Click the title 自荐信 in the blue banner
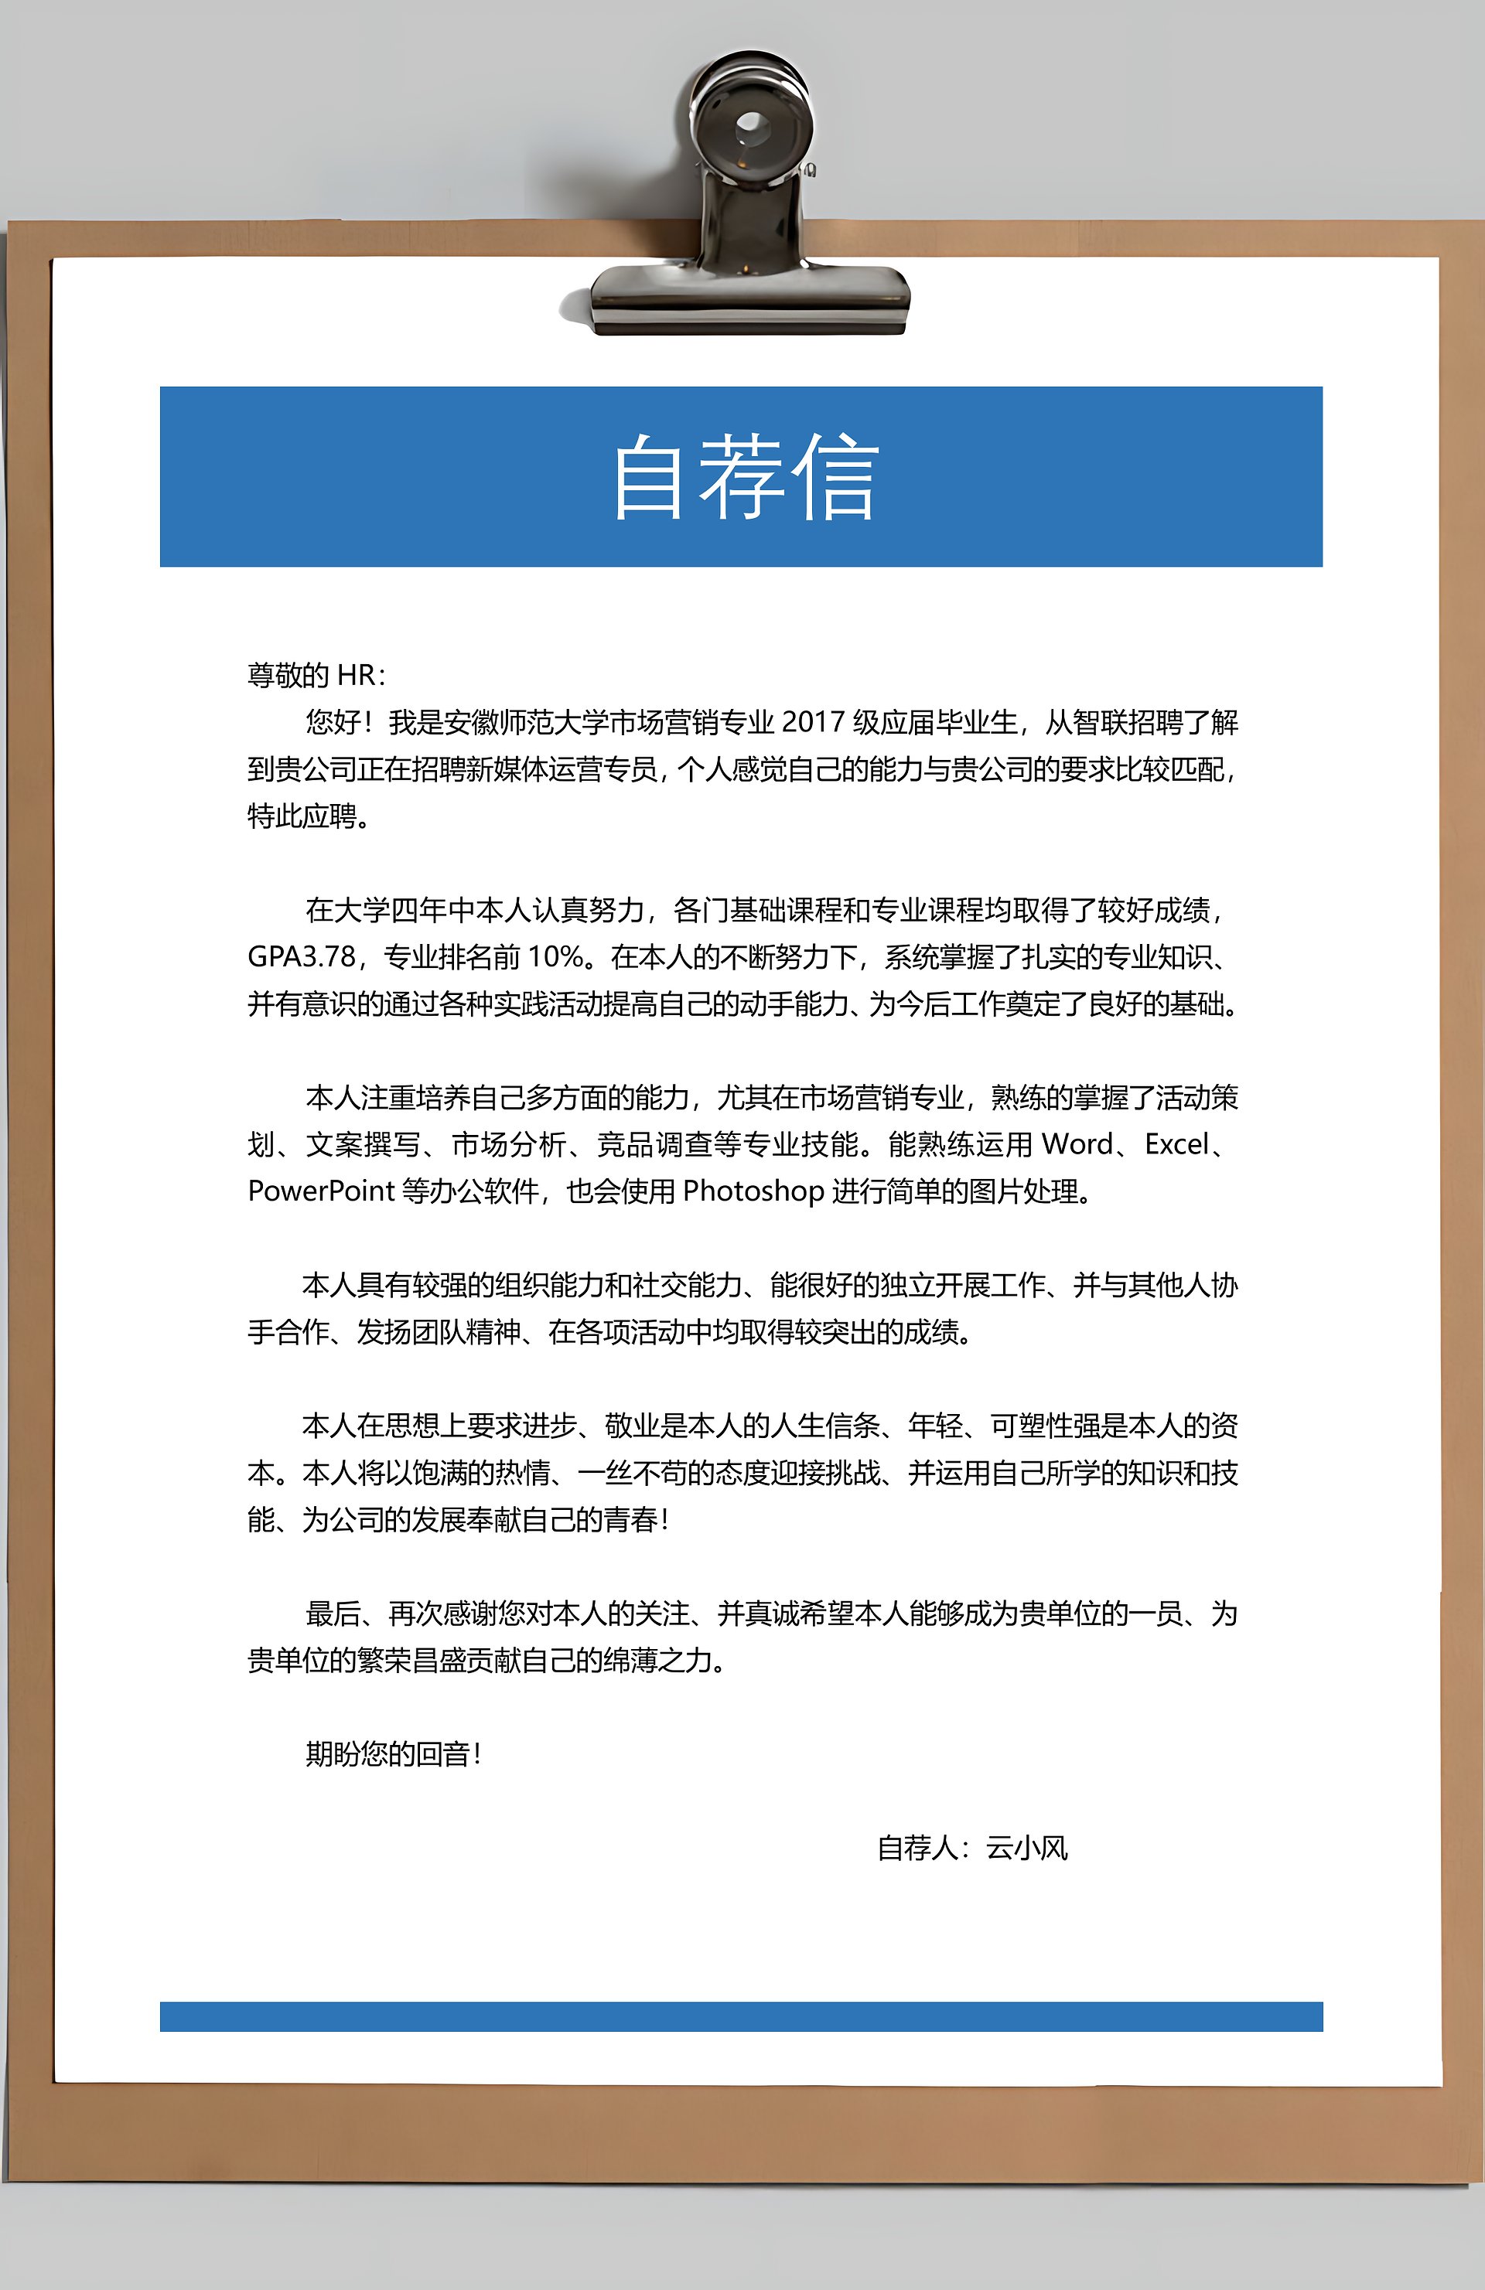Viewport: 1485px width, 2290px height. [745, 476]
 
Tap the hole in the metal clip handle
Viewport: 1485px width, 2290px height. [751, 125]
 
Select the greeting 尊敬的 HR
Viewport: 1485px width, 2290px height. [316, 676]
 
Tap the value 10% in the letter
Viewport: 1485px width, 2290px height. [555, 956]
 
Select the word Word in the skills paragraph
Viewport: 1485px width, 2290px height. [1077, 1144]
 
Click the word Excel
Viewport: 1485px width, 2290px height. [1176, 1144]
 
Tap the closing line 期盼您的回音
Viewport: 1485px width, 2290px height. [393, 1754]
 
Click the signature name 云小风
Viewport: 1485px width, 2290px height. [1027, 1849]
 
